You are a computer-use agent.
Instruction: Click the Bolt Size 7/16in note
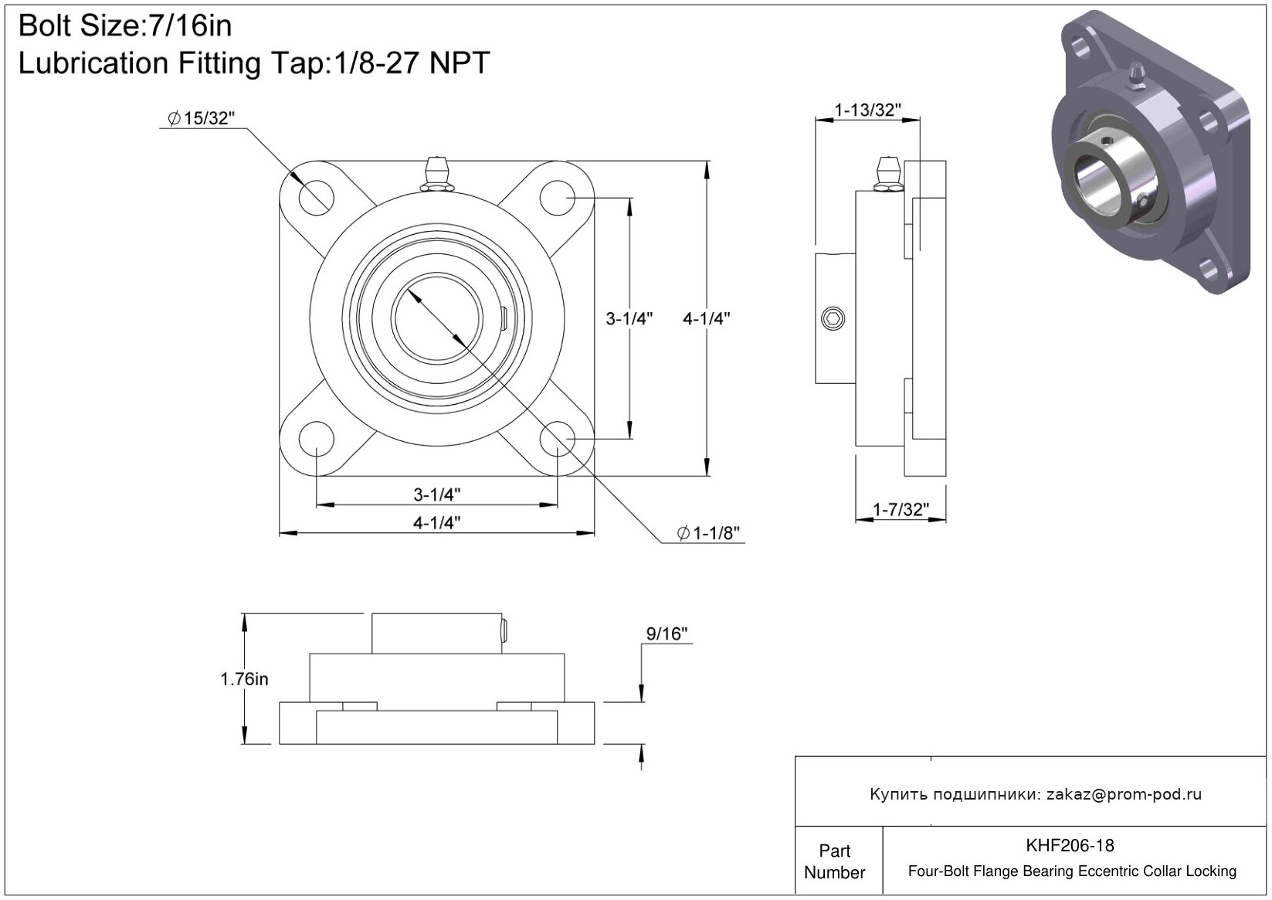[x=125, y=26]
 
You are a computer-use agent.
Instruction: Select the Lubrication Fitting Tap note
[x=254, y=63]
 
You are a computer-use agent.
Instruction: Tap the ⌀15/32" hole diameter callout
[x=201, y=118]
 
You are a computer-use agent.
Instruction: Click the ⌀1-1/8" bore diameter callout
[x=708, y=533]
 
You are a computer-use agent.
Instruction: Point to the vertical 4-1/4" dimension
[x=706, y=319]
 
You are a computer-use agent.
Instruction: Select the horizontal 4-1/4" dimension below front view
[x=436, y=523]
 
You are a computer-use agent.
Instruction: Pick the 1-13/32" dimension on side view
[x=867, y=110]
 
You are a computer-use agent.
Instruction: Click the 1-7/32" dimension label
[x=901, y=510]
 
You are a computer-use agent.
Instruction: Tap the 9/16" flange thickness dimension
[x=667, y=633]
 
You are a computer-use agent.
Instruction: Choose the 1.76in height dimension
[x=244, y=679]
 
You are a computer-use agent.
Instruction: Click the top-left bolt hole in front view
[x=316, y=197]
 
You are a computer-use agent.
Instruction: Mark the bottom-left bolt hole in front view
[x=316, y=439]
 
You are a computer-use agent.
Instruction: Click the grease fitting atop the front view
[x=436, y=174]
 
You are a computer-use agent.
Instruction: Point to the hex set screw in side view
[x=833, y=318]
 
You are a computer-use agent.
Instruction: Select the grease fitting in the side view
[x=888, y=174]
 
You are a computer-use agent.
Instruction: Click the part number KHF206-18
[x=1070, y=846]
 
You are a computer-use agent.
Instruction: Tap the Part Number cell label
[x=834, y=861]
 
